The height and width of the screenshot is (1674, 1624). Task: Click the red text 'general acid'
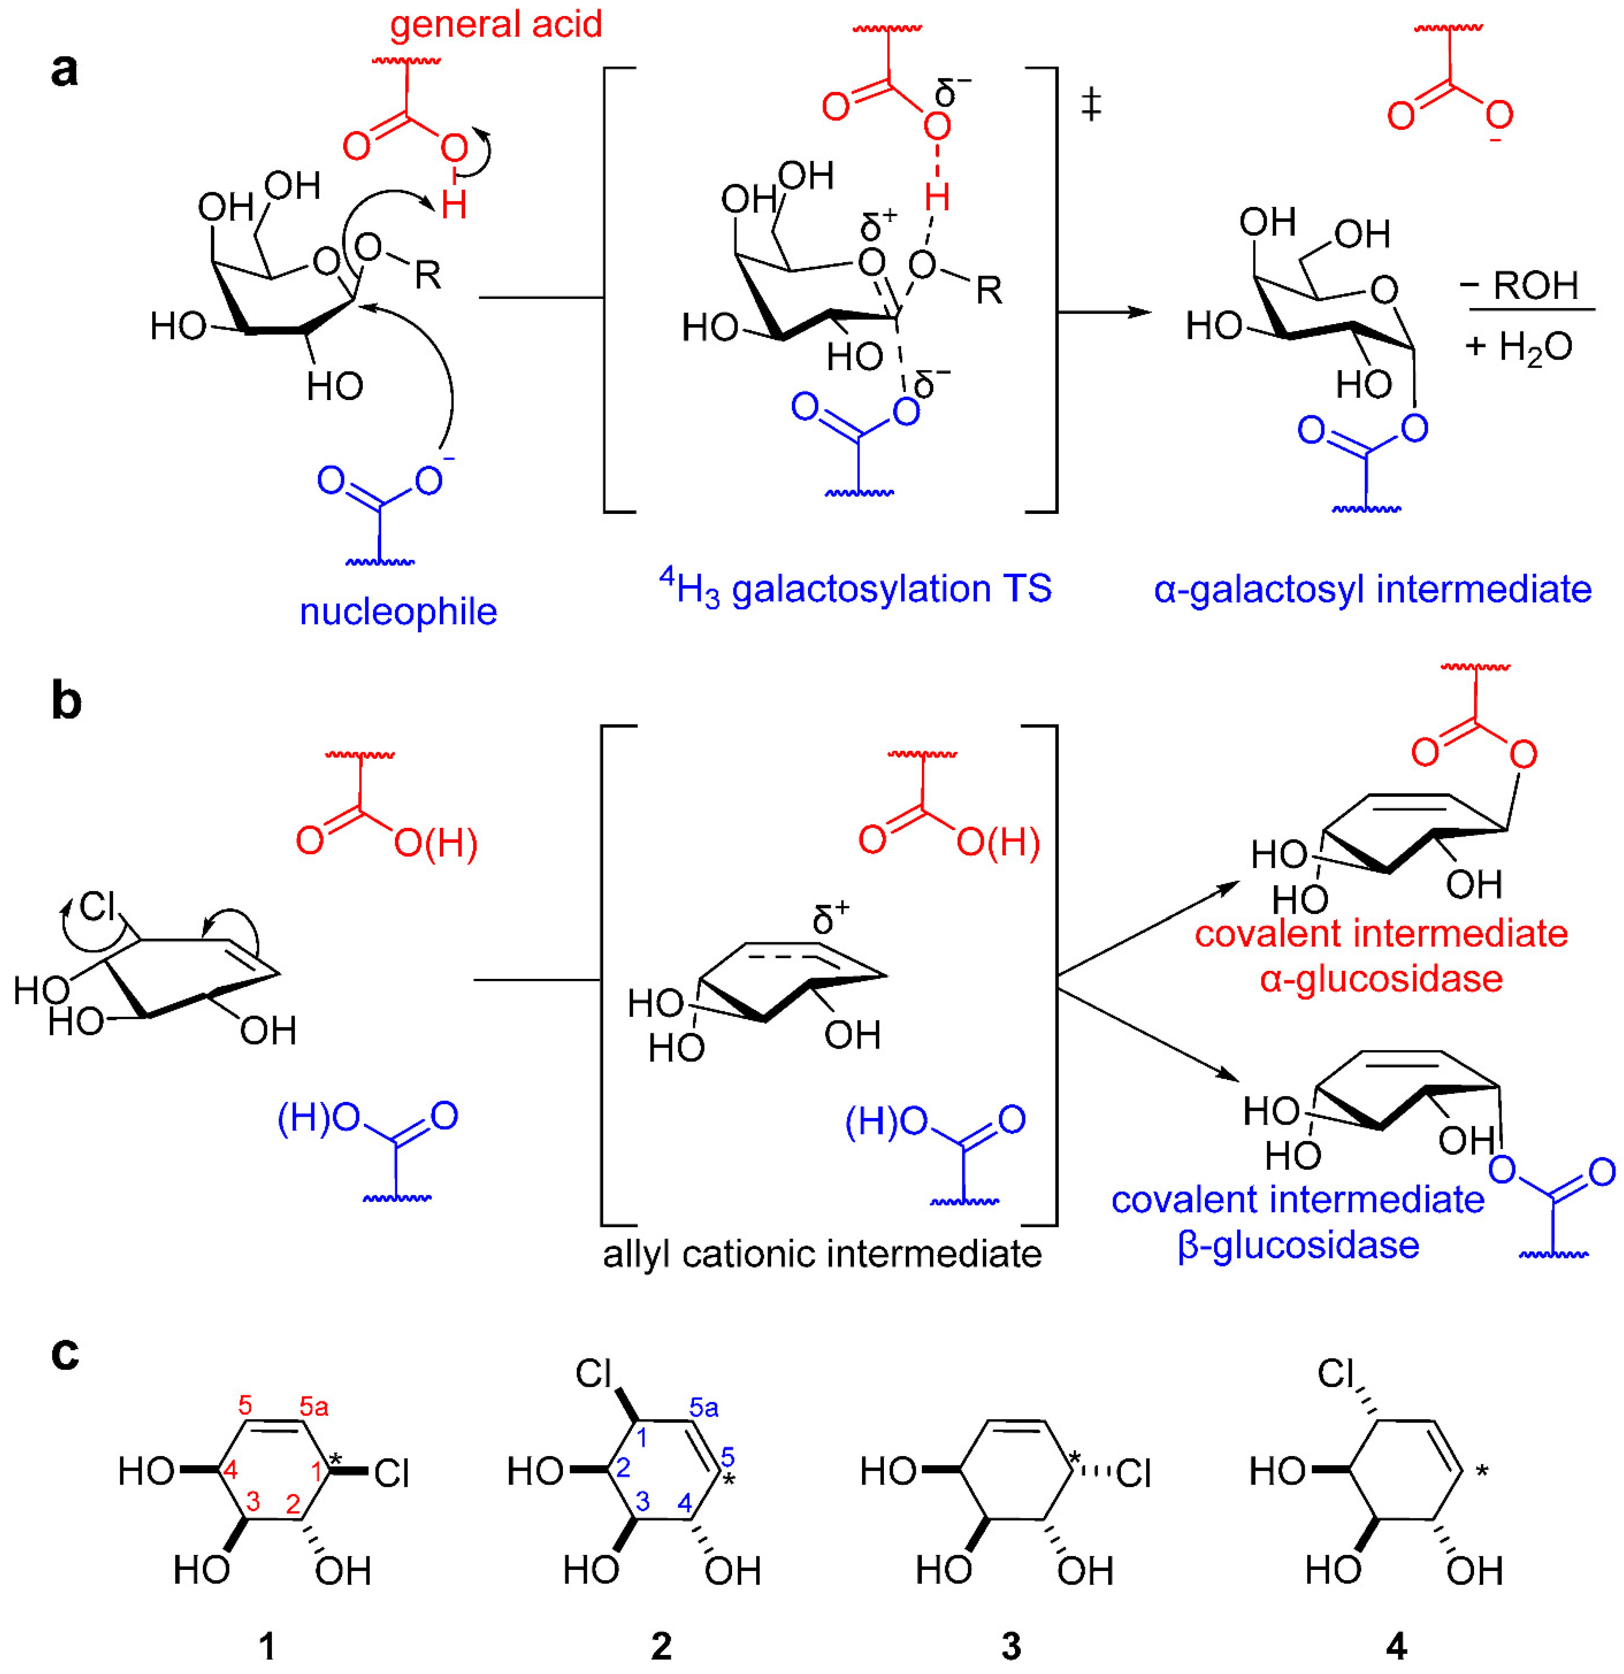[x=496, y=24]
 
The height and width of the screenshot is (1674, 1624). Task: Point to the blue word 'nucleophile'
[x=398, y=612]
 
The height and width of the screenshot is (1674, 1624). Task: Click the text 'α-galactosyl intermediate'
[x=1372, y=589]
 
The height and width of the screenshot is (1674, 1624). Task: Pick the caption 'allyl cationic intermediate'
[x=822, y=1254]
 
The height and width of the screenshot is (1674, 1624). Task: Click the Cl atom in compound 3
[x=1133, y=1472]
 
